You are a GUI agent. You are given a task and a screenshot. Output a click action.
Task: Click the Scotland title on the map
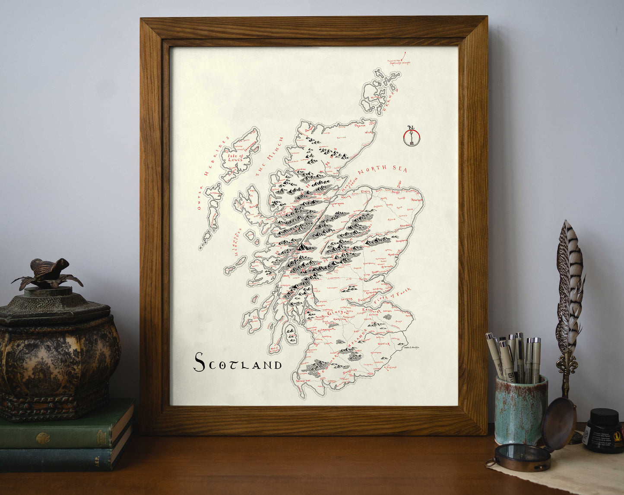click(238, 363)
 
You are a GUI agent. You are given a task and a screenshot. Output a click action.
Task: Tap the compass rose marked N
click(412, 136)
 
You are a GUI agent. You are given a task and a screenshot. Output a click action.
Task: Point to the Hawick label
click(383, 344)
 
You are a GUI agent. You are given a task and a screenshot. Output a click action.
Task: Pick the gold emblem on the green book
click(43, 438)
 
